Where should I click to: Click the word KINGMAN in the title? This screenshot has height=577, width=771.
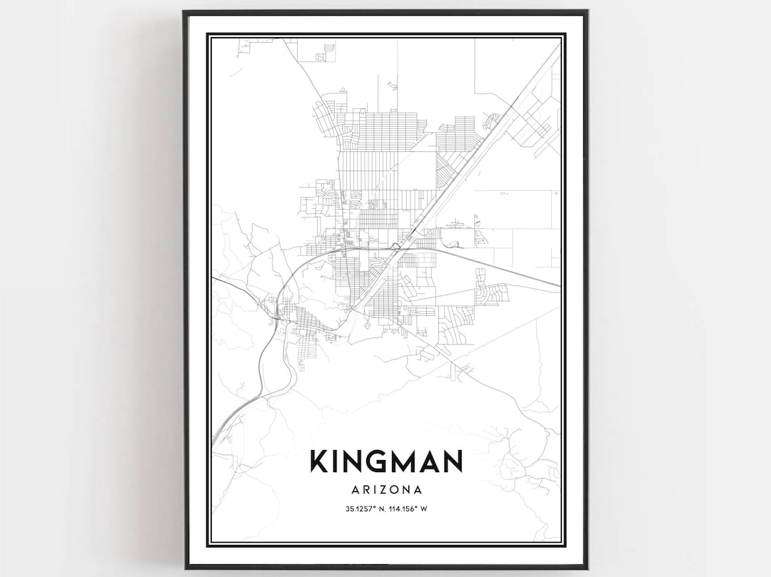(x=386, y=461)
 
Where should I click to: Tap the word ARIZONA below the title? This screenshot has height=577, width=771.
(x=386, y=490)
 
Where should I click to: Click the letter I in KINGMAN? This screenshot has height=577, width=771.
(x=336, y=461)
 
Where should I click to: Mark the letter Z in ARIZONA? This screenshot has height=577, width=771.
(x=386, y=490)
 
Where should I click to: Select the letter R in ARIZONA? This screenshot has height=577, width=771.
(x=367, y=490)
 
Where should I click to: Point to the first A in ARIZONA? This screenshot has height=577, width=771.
(x=356, y=490)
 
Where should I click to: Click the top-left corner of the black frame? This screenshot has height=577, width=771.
(x=185, y=11)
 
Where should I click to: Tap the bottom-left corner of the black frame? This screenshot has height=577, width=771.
(x=185, y=567)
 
